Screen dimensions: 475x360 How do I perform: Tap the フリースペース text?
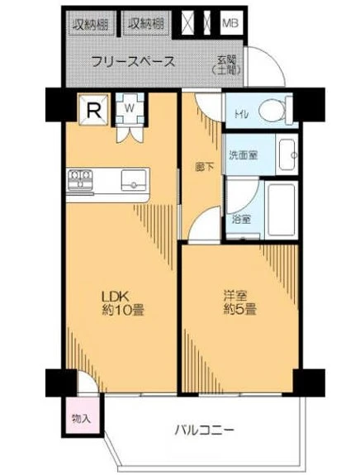click(133, 61)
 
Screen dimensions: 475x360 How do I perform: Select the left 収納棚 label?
click(90, 23)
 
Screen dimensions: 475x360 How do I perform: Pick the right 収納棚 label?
click(145, 23)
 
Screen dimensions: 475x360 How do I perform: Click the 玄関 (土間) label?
click(227, 65)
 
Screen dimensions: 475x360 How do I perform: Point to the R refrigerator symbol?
click(94, 108)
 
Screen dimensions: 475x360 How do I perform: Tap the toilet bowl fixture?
click(272, 110)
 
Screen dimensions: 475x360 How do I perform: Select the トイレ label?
click(241, 115)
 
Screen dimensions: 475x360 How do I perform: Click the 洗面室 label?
click(244, 154)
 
